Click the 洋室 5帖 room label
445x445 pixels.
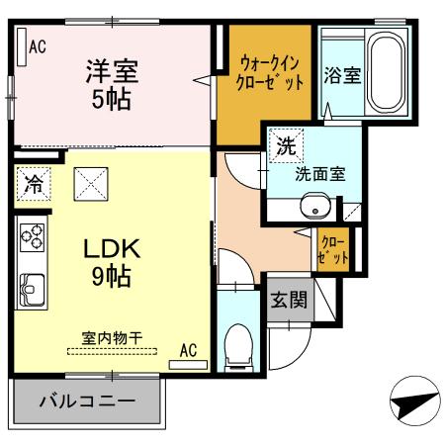click(110, 85)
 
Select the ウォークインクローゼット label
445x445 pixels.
click(270, 72)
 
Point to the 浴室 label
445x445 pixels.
click(342, 74)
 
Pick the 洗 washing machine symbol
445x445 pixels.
click(285, 147)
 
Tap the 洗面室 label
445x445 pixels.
click(320, 173)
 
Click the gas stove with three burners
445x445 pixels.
click(31, 238)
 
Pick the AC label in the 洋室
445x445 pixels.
click(38, 44)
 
